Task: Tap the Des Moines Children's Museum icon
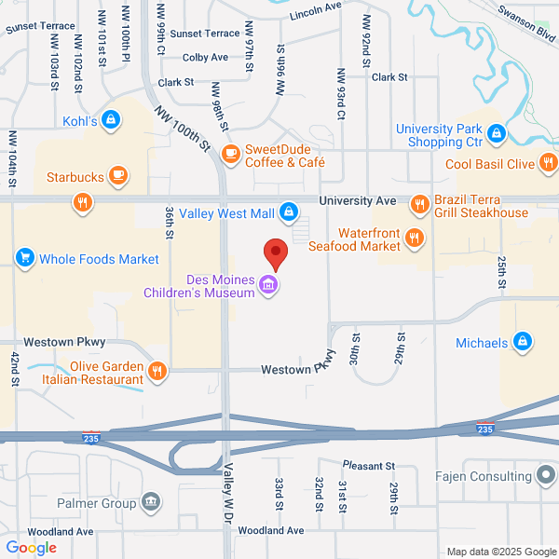(x=269, y=284)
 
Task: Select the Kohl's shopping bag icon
(x=111, y=119)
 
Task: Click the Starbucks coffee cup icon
(x=117, y=175)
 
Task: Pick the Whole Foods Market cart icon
(x=25, y=257)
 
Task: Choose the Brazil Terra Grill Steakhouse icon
(x=420, y=202)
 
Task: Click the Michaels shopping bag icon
(x=523, y=343)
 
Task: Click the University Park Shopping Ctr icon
(x=497, y=135)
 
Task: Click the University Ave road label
(x=357, y=200)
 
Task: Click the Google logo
(x=31, y=548)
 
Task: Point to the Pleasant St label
(x=369, y=465)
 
